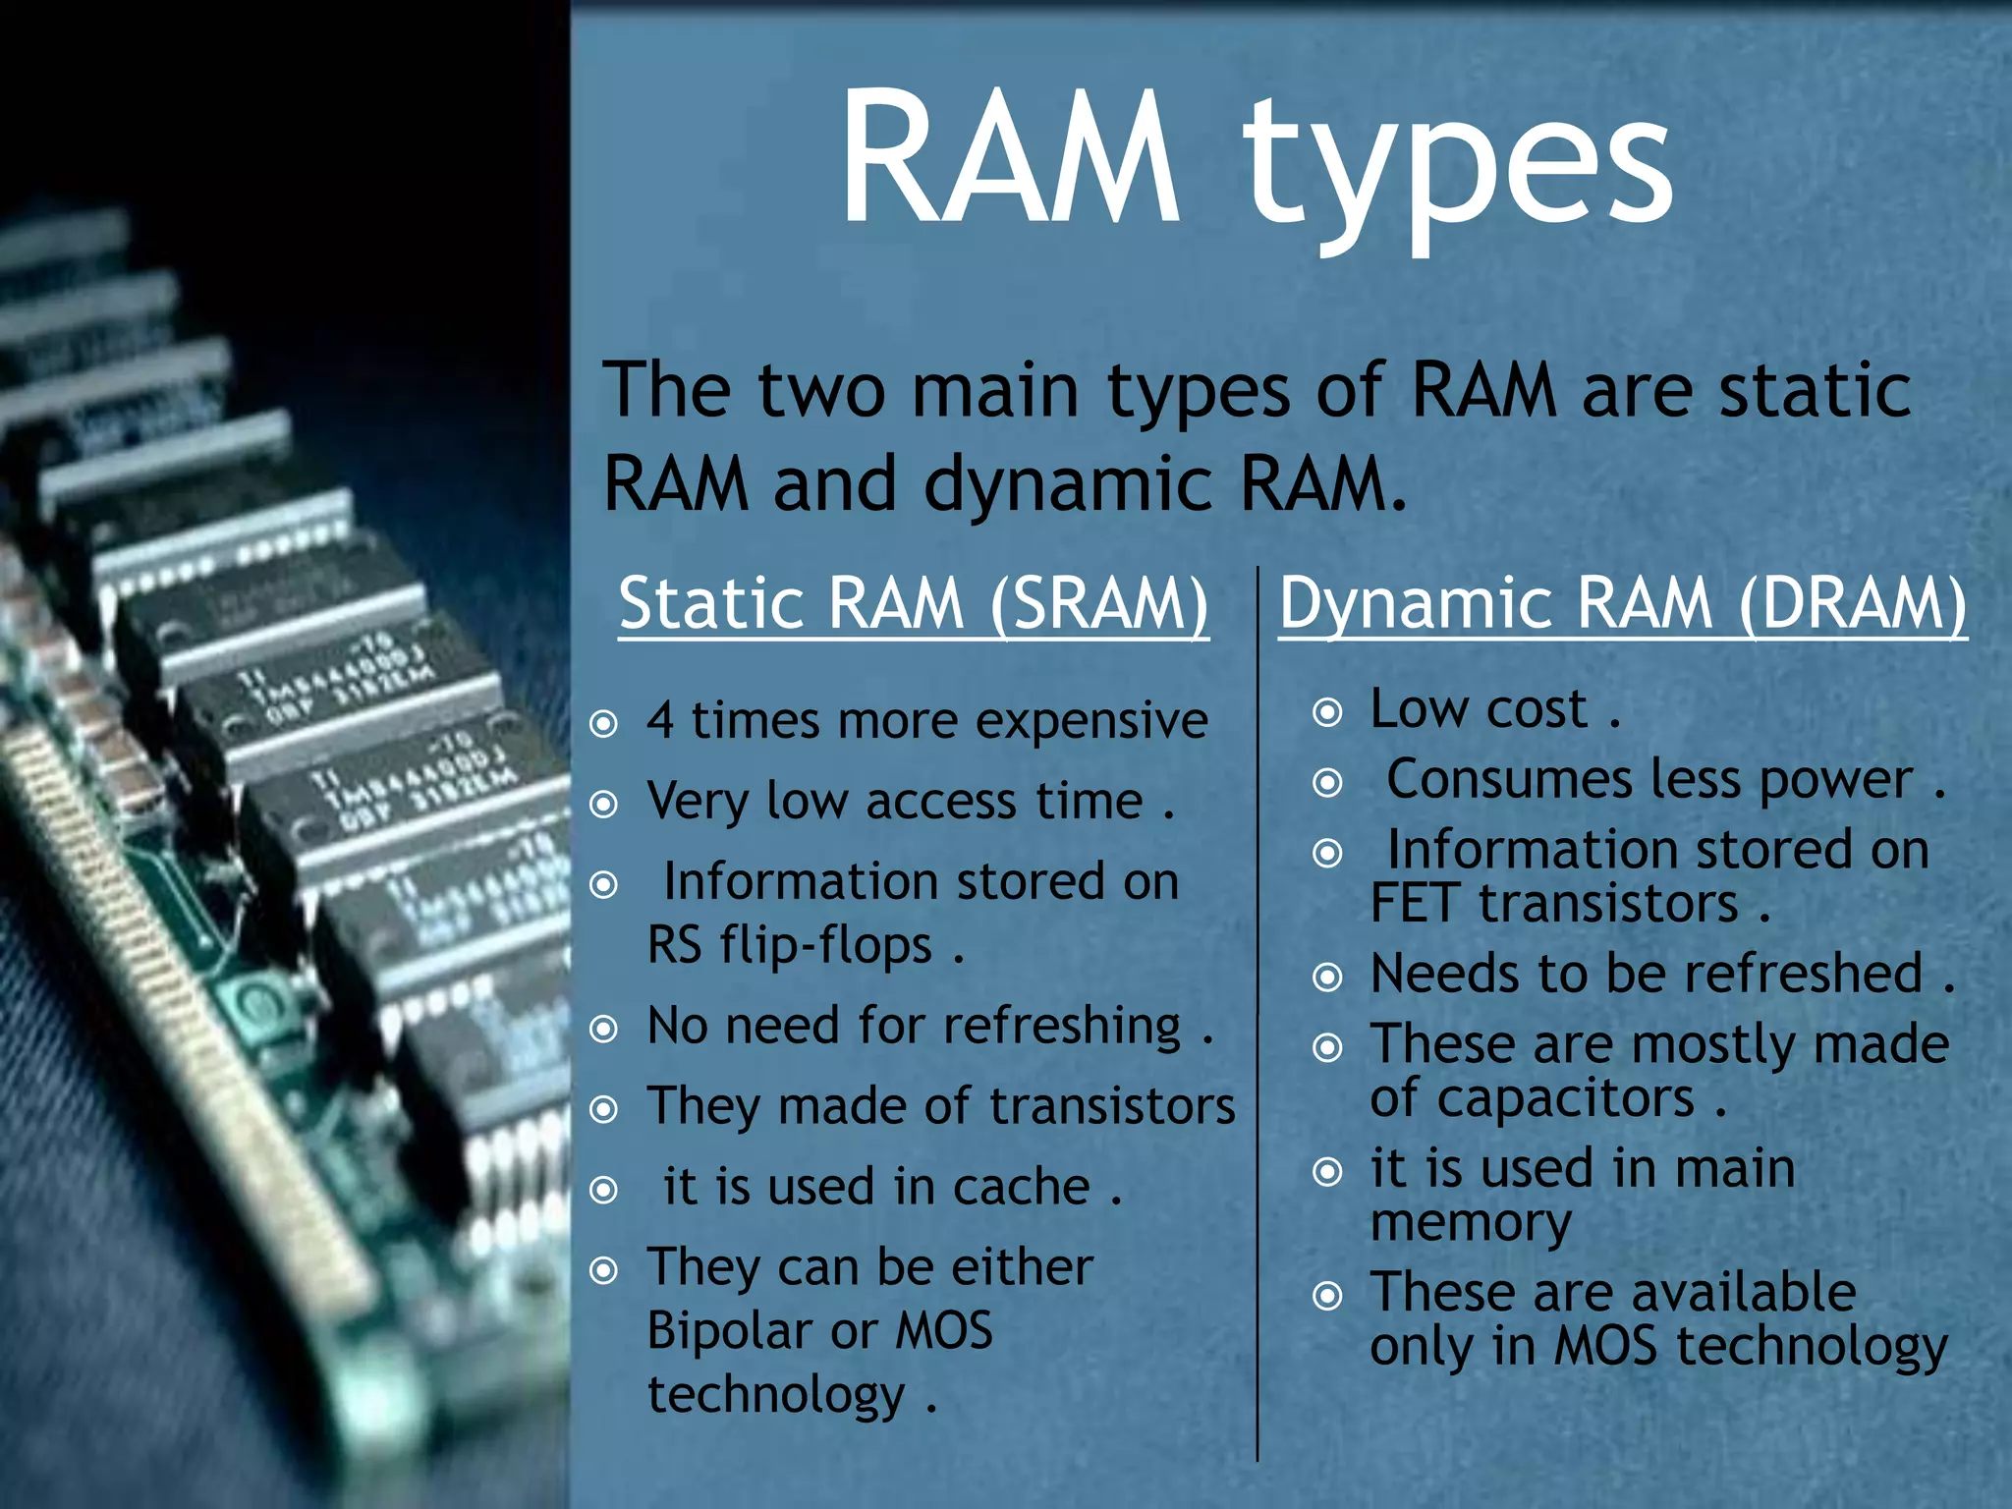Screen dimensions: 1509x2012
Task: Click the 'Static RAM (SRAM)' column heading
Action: (x=913, y=603)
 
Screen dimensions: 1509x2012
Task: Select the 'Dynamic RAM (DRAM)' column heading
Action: (x=1622, y=603)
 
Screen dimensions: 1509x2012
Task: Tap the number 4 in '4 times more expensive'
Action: (x=660, y=720)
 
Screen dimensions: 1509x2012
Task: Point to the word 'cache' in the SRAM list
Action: (x=1022, y=1187)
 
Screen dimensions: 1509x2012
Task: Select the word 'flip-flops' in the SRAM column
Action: (x=825, y=945)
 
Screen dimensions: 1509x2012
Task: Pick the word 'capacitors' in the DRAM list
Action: (x=1532, y=1098)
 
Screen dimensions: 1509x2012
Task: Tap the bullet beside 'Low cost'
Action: (x=1327, y=712)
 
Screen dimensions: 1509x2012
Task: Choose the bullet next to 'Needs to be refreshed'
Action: (x=1327, y=977)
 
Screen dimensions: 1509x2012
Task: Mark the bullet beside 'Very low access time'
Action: (x=603, y=805)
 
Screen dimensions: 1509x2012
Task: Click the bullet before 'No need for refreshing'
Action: (x=603, y=1029)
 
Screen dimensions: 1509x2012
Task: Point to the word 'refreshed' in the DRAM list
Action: (x=1803, y=974)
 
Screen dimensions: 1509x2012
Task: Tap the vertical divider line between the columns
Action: (x=1257, y=1012)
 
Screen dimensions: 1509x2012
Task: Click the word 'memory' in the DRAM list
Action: (x=1471, y=1223)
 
